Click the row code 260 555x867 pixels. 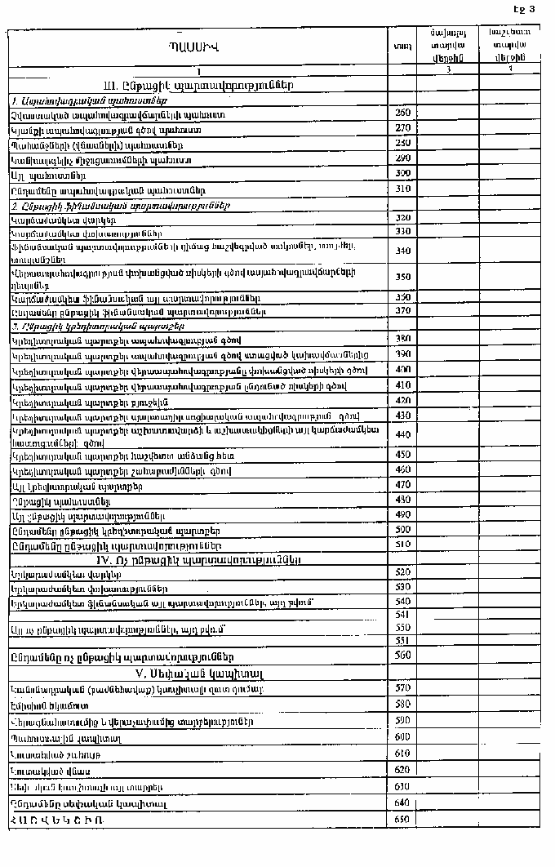[x=402, y=113]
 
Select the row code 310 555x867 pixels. [x=402, y=189]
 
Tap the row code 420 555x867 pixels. [x=402, y=400]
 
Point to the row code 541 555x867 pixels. [x=402, y=613]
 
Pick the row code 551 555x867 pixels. [x=402, y=641]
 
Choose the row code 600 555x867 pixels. [x=402, y=737]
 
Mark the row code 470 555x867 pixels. [x=402, y=485]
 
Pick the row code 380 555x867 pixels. [x=402, y=338]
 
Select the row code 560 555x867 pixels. [x=402, y=655]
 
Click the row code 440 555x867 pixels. [x=402, y=433]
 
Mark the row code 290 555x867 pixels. [x=402, y=158]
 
